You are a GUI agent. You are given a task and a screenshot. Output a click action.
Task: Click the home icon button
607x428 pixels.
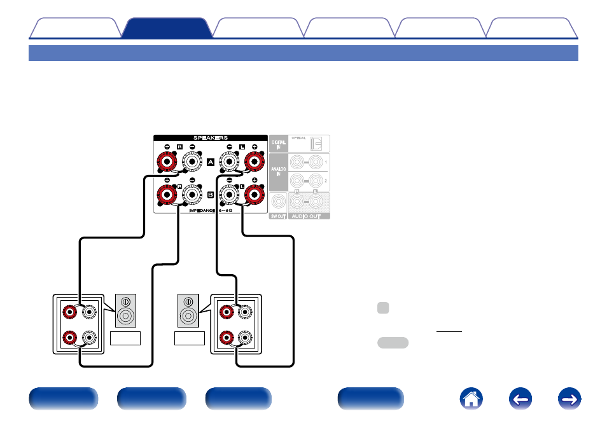[x=471, y=399]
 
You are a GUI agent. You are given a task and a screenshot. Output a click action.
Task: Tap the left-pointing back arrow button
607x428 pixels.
[x=521, y=399]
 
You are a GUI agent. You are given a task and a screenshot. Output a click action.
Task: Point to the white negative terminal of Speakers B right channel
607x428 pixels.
[x=192, y=196]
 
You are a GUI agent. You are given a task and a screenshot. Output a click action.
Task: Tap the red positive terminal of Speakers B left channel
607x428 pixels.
[x=254, y=196]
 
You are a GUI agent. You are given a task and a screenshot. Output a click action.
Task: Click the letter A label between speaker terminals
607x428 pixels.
[x=211, y=163]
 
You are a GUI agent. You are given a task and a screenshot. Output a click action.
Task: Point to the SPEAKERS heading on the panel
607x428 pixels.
[x=210, y=137]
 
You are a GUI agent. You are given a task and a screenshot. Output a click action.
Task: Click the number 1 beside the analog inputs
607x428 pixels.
[x=326, y=163]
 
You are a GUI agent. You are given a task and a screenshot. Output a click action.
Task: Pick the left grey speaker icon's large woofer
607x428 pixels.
[x=125, y=315]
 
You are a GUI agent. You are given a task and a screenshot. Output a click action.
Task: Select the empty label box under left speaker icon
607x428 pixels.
[x=125, y=338]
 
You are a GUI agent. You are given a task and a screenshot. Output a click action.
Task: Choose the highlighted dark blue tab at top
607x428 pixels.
[x=166, y=29]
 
